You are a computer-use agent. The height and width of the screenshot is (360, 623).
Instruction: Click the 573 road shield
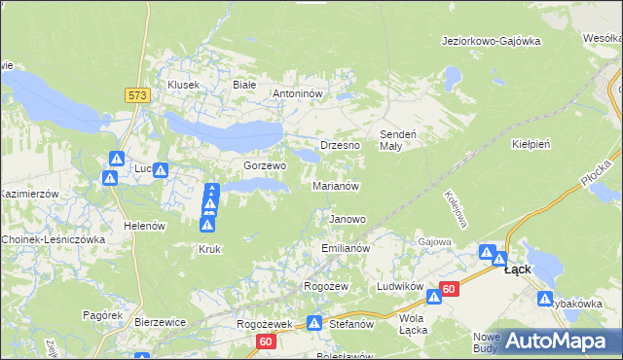coord(137,94)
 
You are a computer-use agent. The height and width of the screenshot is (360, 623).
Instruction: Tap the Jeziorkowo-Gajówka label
coord(490,41)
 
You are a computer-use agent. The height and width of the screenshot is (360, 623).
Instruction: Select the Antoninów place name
coord(303,94)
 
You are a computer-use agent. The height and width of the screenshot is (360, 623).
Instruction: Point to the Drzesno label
coord(340,145)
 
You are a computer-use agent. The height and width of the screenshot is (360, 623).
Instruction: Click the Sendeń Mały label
coord(397,139)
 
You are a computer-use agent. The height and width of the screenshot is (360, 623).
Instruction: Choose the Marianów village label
coord(336,185)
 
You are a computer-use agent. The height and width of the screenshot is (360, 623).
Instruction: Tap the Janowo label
coord(348,219)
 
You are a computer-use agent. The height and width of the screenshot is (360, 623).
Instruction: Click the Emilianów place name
coord(346,249)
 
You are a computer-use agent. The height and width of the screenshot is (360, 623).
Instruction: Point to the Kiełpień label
coord(531,144)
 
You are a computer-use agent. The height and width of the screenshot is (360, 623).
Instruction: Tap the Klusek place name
coord(183,85)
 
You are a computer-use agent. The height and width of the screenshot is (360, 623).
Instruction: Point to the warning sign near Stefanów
coord(314,323)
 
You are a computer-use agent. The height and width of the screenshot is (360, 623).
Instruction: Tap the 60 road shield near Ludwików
coord(448,289)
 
